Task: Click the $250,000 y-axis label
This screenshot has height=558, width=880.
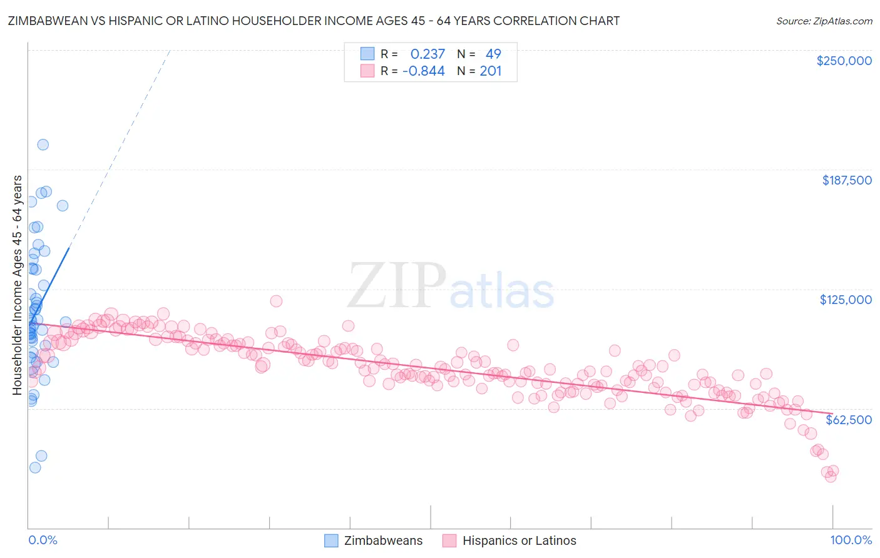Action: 844,61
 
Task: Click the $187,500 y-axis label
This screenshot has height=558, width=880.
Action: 847,180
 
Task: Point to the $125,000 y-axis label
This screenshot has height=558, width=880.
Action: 846,300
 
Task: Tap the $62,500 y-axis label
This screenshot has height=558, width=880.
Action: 849,420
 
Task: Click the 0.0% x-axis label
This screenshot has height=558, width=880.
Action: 43,540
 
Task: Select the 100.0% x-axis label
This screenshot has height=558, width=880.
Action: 851,540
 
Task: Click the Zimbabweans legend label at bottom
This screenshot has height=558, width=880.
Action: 383,540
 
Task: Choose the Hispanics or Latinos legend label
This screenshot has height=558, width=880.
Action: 519,540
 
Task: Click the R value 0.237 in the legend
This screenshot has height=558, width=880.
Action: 427,54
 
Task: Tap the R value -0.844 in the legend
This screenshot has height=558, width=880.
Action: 424,71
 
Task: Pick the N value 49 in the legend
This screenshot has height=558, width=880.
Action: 493,54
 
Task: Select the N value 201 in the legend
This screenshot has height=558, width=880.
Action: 491,71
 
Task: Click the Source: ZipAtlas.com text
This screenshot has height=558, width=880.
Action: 824,21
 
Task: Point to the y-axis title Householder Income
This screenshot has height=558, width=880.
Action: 18,285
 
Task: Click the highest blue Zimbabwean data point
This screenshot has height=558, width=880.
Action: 43,145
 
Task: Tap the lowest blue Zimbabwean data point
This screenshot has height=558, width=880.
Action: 35,467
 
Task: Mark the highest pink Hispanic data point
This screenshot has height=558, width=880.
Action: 276,301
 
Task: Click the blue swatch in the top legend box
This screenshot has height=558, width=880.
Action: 367,54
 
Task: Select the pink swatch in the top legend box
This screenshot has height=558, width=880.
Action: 367,71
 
